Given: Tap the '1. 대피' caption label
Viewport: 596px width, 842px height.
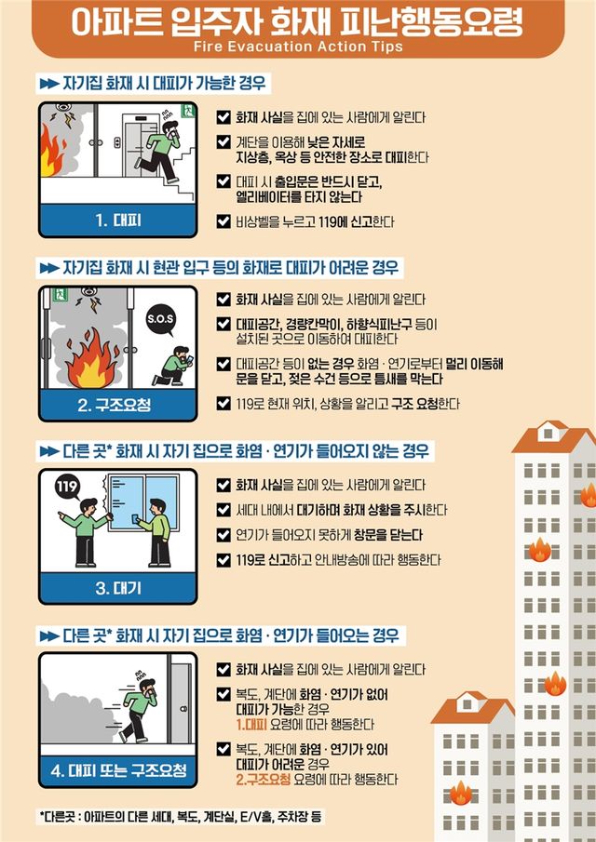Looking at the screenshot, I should (x=117, y=221).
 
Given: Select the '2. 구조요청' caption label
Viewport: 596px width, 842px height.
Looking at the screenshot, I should (x=117, y=406).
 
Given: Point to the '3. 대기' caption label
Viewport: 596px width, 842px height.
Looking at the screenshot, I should (x=117, y=588).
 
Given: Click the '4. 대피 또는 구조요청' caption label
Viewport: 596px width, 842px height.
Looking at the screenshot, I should (x=117, y=771).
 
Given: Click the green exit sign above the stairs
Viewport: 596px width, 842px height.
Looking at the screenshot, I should (x=189, y=111).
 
